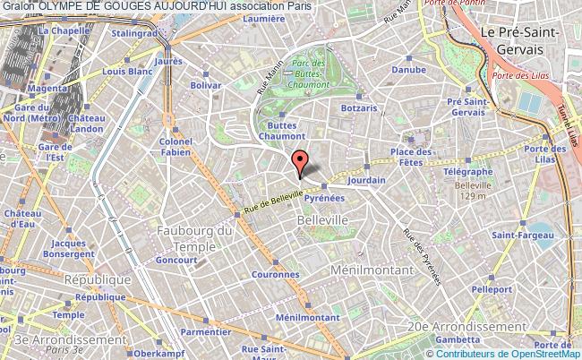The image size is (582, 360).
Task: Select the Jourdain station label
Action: coord(367,180)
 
